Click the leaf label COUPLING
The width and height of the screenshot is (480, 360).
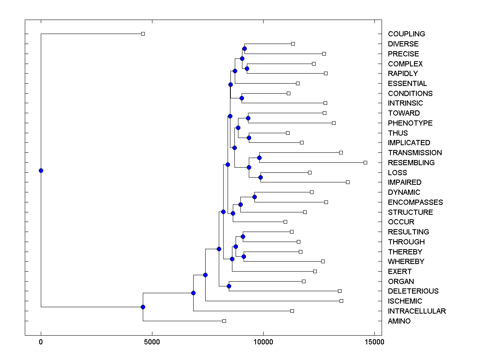[x=406, y=34]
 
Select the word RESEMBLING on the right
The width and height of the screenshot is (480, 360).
[x=411, y=163]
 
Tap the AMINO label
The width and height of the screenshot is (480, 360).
[x=399, y=321]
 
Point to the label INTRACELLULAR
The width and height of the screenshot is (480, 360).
[x=417, y=311]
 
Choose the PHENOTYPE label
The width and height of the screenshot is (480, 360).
[x=410, y=123]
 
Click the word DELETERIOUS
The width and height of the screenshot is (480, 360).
[x=413, y=291]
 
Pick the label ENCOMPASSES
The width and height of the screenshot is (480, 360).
[x=415, y=202]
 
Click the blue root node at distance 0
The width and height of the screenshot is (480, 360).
[x=41, y=170]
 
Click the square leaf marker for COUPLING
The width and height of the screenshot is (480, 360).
[x=143, y=34]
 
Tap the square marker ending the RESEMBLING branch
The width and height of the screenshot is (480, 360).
[x=365, y=162]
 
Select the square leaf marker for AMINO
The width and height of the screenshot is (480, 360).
[x=224, y=321]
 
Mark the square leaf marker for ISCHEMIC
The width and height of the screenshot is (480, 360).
[x=341, y=301]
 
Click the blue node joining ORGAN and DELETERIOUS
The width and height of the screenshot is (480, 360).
[x=229, y=286]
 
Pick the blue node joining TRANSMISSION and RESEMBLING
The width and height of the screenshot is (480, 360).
[x=259, y=158]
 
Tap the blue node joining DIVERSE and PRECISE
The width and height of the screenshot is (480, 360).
[x=244, y=48]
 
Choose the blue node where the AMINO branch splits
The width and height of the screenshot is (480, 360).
[x=143, y=307]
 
